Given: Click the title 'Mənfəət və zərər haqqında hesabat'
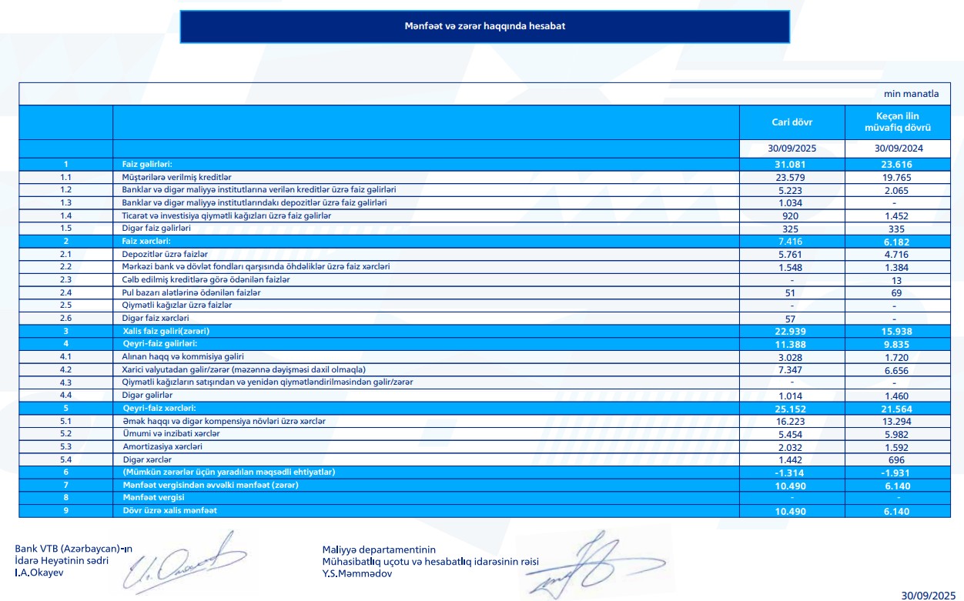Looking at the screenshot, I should (485, 26).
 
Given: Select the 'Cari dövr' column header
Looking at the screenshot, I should (792, 122).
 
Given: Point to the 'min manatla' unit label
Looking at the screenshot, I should (911, 94).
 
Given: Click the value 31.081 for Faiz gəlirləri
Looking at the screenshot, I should (792, 165).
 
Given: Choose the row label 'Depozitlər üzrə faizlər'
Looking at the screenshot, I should (165, 254).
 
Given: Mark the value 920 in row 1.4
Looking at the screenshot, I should (792, 215).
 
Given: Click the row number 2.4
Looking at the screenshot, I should (65, 292).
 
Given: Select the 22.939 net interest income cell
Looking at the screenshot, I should (792, 331).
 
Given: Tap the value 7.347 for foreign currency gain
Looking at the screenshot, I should (792, 369).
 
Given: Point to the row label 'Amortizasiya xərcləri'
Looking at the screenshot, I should (162, 446).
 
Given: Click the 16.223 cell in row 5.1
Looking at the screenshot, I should (792, 421).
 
